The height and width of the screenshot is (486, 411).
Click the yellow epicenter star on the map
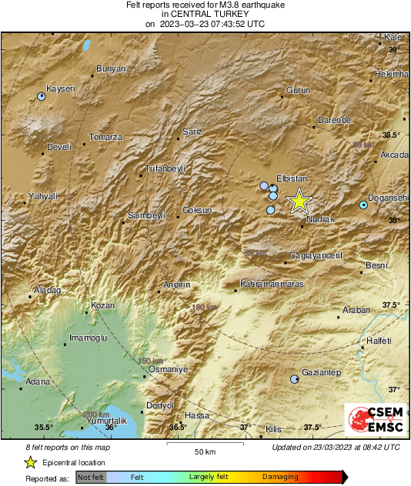tap(299, 201)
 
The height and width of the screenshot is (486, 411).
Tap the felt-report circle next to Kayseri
tap(42, 97)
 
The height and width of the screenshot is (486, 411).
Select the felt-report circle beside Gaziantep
tap(294, 380)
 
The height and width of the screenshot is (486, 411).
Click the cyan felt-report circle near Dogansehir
tap(363, 205)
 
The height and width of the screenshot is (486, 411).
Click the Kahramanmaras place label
tap(273, 285)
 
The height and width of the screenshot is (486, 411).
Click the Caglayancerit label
tap(316, 255)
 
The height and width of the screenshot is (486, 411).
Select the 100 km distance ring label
tap(204, 308)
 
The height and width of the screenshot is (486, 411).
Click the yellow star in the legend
tap(30, 463)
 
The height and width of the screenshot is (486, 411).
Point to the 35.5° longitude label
tap(43, 428)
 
